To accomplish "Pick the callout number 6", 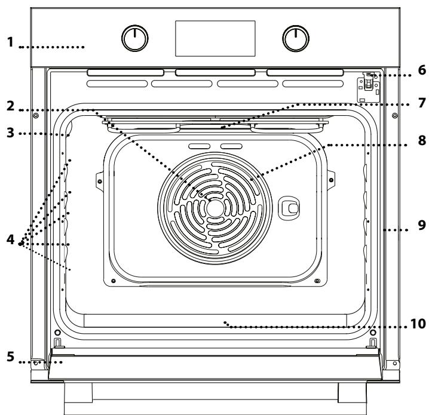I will (x=422, y=70).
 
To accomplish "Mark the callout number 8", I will (x=422, y=142).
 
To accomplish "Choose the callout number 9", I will (x=422, y=228).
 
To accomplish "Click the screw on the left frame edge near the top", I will (x=37, y=115).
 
